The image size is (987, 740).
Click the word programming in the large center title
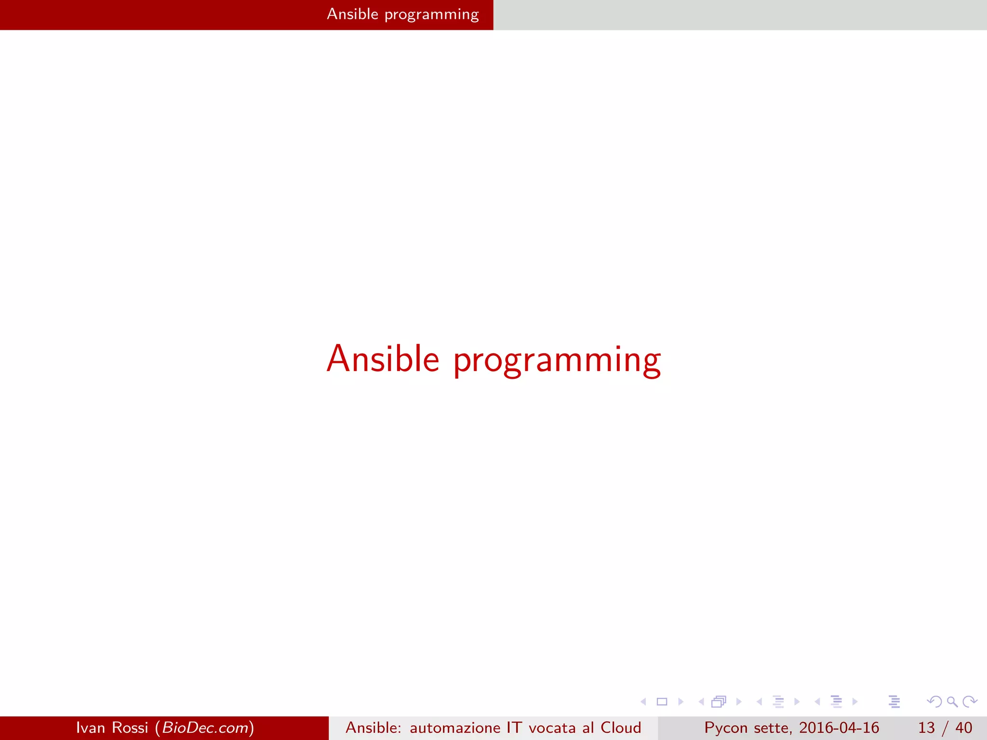tap(557, 360)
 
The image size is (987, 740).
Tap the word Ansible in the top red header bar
tap(352, 14)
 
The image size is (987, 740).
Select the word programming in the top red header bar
tap(431, 15)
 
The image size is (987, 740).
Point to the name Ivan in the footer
tap(90, 727)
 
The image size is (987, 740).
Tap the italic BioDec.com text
tap(205, 727)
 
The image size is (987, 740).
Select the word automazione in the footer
tap(455, 727)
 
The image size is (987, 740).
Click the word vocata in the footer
tap(552, 727)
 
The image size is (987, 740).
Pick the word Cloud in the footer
tap(621, 727)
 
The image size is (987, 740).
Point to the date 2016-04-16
tap(839, 727)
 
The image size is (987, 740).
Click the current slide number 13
tap(926, 727)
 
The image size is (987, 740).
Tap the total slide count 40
tap(963, 727)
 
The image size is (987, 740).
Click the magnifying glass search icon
tap(952, 701)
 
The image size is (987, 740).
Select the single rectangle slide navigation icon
tap(662, 701)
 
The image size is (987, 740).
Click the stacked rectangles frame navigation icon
tap(719, 701)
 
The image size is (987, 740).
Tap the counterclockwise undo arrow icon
tap(934, 701)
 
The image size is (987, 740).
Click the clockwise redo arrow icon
tap(970, 701)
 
